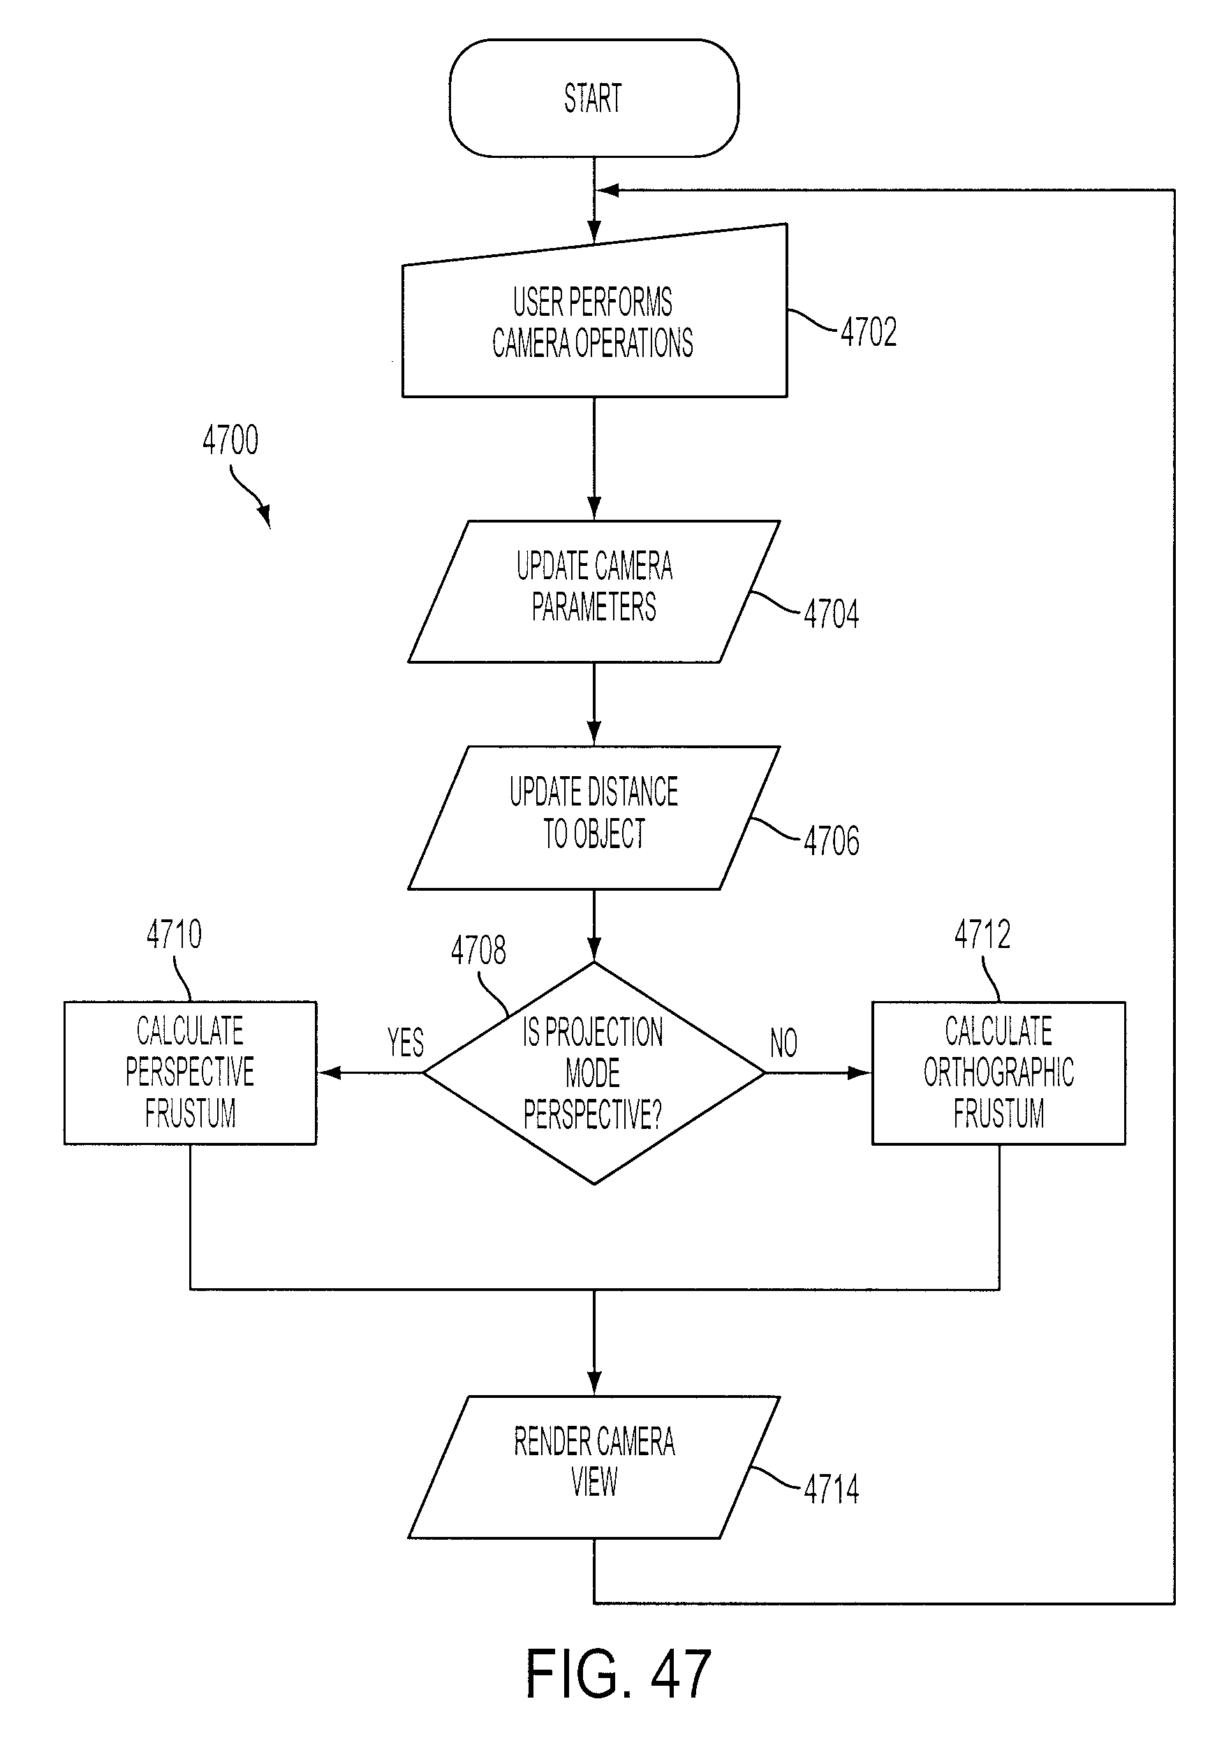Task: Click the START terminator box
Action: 594,99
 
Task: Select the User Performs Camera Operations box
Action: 594,320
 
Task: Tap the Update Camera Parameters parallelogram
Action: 594,592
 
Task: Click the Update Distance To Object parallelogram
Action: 594,818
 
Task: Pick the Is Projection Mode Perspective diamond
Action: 594,1073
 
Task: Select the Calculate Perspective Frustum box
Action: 190,1072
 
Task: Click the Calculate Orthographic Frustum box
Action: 998,1072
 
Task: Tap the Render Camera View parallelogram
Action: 594,1467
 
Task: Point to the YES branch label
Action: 405,1043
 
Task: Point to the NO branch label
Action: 784,1043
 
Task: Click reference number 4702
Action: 869,333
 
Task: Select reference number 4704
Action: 831,614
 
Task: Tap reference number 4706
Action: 831,841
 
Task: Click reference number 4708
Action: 478,951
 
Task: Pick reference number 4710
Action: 175,935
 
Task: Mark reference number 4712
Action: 982,935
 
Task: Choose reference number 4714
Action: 831,1489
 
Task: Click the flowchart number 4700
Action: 230,441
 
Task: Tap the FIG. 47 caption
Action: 618,1674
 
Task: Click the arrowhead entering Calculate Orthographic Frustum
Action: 861,1073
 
